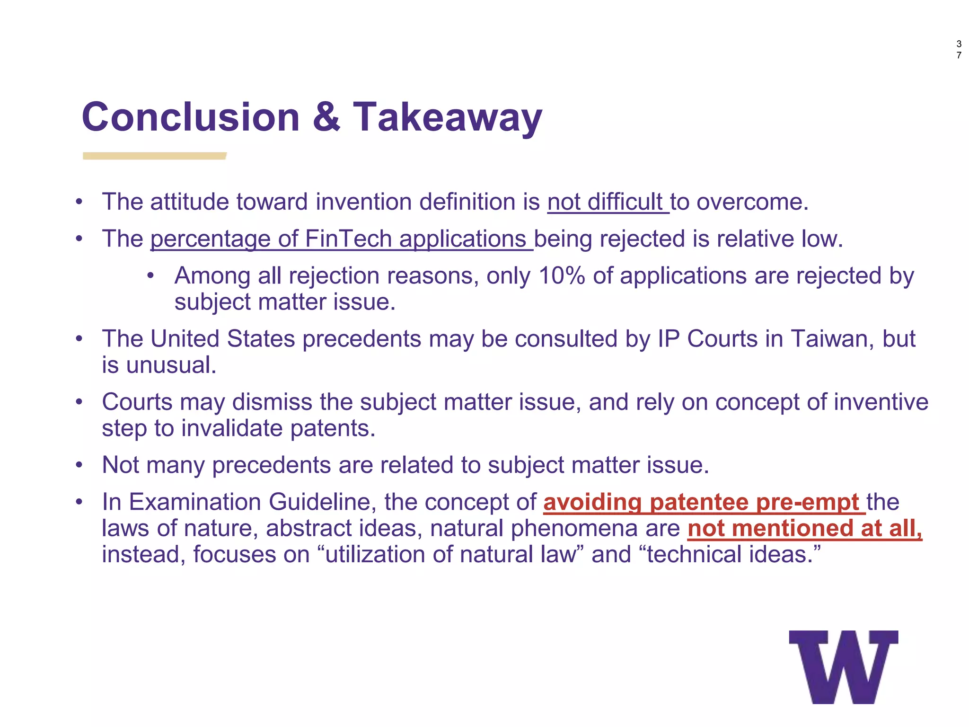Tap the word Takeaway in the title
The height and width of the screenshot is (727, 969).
coord(448,118)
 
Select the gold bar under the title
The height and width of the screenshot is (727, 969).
coord(154,156)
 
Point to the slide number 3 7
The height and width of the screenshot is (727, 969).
coord(959,50)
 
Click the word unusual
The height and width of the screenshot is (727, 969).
coord(171,365)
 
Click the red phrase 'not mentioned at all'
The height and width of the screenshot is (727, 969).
coord(804,529)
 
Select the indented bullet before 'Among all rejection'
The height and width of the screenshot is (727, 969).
coord(150,276)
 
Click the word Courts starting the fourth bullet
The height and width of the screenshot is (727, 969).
coord(137,402)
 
